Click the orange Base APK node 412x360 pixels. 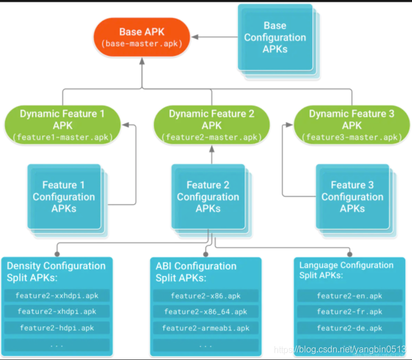coord(142,37)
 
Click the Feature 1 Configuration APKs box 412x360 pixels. coord(63,197)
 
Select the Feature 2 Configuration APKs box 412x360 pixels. coord(208,197)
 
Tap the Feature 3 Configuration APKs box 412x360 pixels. coord(352,197)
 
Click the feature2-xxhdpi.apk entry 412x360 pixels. coord(57,296)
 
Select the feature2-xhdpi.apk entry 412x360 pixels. coord(57,311)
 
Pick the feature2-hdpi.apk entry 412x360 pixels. coord(57,328)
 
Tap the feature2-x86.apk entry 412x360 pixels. coord(205,296)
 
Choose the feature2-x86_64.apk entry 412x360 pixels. coord(205,311)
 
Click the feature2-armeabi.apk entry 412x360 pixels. coord(205,328)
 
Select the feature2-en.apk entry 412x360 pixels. coord(349,296)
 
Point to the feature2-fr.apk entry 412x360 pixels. coord(349,311)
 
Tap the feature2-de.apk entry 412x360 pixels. coord(349,328)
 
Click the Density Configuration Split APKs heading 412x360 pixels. coord(55,272)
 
